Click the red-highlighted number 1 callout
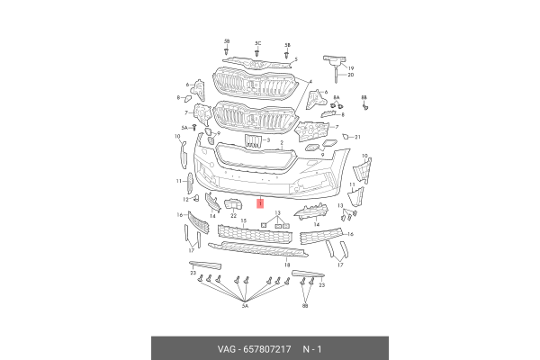pos(260,204)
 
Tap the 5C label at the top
pos(258,43)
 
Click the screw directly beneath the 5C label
pos(256,53)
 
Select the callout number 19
pos(351,68)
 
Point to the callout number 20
pos(351,75)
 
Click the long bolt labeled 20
pos(336,75)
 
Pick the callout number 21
pos(357,137)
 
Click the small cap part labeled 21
pos(346,137)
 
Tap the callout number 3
pos(268,140)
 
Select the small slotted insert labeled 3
pos(253,141)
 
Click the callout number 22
pos(233,216)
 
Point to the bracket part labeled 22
pos(233,204)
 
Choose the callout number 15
pos(244,220)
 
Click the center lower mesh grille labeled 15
pos(255,234)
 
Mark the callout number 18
pos(287,265)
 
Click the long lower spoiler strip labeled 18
pos(258,248)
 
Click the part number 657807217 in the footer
pos(267,349)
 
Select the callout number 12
pos(185,200)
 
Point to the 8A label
pos(337,98)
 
